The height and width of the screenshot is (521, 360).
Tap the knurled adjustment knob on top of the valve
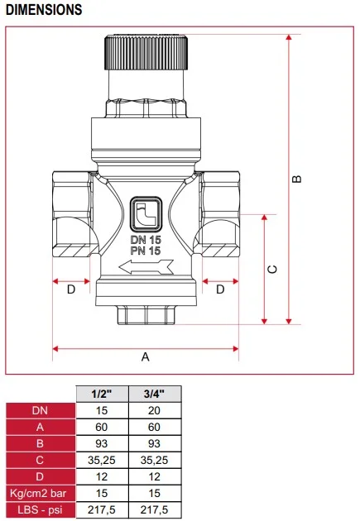coord(146,53)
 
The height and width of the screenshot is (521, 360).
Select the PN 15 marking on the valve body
coord(146,250)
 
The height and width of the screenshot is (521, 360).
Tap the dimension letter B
coord(298,179)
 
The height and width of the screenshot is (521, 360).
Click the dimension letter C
coord(273,270)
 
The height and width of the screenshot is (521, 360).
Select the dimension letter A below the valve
coord(146,357)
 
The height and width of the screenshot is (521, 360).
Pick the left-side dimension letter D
coord(71,289)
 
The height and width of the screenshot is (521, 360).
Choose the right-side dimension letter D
coord(220,289)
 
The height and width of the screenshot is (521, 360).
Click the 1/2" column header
coord(102,394)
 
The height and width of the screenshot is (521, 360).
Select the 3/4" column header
coord(155,394)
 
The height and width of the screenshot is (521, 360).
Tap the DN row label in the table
coord(40,410)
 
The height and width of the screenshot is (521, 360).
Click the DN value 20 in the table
coord(155,410)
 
